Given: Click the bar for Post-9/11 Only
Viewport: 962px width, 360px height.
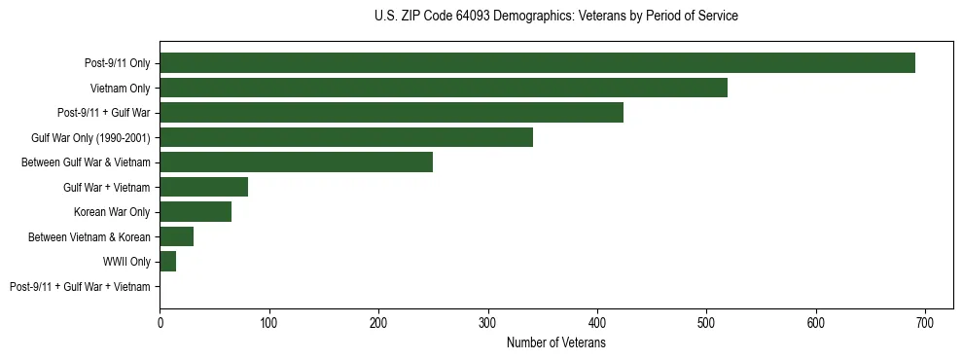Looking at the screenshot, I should [x=537, y=63].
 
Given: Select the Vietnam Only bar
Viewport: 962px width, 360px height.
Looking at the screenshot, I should [x=444, y=88].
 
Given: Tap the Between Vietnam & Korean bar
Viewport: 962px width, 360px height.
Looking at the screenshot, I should [x=176, y=236].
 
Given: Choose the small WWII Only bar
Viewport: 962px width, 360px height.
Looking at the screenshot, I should [x=167, y=262].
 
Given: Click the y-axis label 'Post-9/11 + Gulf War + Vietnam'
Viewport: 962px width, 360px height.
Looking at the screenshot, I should [x=80, y=287].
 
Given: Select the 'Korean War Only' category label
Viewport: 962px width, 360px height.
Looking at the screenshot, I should [x=112, y=212].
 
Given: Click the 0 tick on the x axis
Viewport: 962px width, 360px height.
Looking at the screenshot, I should [x=160, y=322].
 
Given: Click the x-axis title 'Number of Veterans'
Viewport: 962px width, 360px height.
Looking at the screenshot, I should [x=556, y=342].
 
